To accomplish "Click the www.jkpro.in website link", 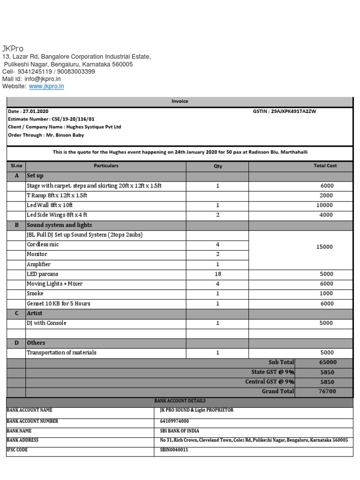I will [46, 86].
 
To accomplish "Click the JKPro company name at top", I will [13, 49].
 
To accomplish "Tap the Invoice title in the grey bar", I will [180, 101].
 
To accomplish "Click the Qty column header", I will [218, 166].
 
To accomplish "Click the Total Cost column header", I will [325, 166].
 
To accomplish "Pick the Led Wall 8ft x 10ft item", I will [50, 205].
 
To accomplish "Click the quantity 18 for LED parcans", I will [218, 274].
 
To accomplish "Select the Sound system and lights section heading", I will [59, 225].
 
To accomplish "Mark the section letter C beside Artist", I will [16, 313].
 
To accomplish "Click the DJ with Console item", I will [46, 323].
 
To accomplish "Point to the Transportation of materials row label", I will [61, 352].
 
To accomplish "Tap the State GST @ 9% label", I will [273, 372].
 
